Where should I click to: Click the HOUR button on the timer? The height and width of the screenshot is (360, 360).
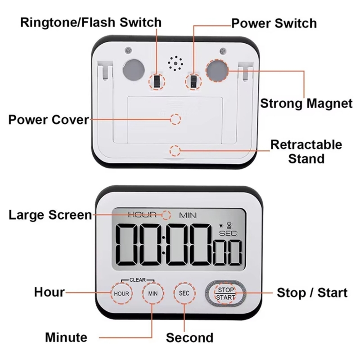coord(121,293)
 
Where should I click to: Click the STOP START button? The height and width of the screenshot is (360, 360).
coord(225,293)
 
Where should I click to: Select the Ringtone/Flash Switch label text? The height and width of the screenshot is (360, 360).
coord(90,22)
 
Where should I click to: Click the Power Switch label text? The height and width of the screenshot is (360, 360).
coord(274,23)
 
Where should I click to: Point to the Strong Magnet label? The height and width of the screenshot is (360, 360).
coord(306,103)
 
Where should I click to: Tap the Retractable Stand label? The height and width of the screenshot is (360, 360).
coord(306,152)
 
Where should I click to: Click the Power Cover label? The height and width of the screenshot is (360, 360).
coord(49,120)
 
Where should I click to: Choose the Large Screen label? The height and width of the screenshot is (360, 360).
coord(50,215)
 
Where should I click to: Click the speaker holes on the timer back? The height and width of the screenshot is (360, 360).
coord(175,63)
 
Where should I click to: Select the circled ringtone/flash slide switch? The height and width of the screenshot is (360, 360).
coord(157,81)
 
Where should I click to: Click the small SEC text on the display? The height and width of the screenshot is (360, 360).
coord(227,233)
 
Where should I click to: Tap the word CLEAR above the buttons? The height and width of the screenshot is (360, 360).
coord(137,279)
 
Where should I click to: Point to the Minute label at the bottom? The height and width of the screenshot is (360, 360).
coord(66,337)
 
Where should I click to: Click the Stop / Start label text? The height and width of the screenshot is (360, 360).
coord(312,293)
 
